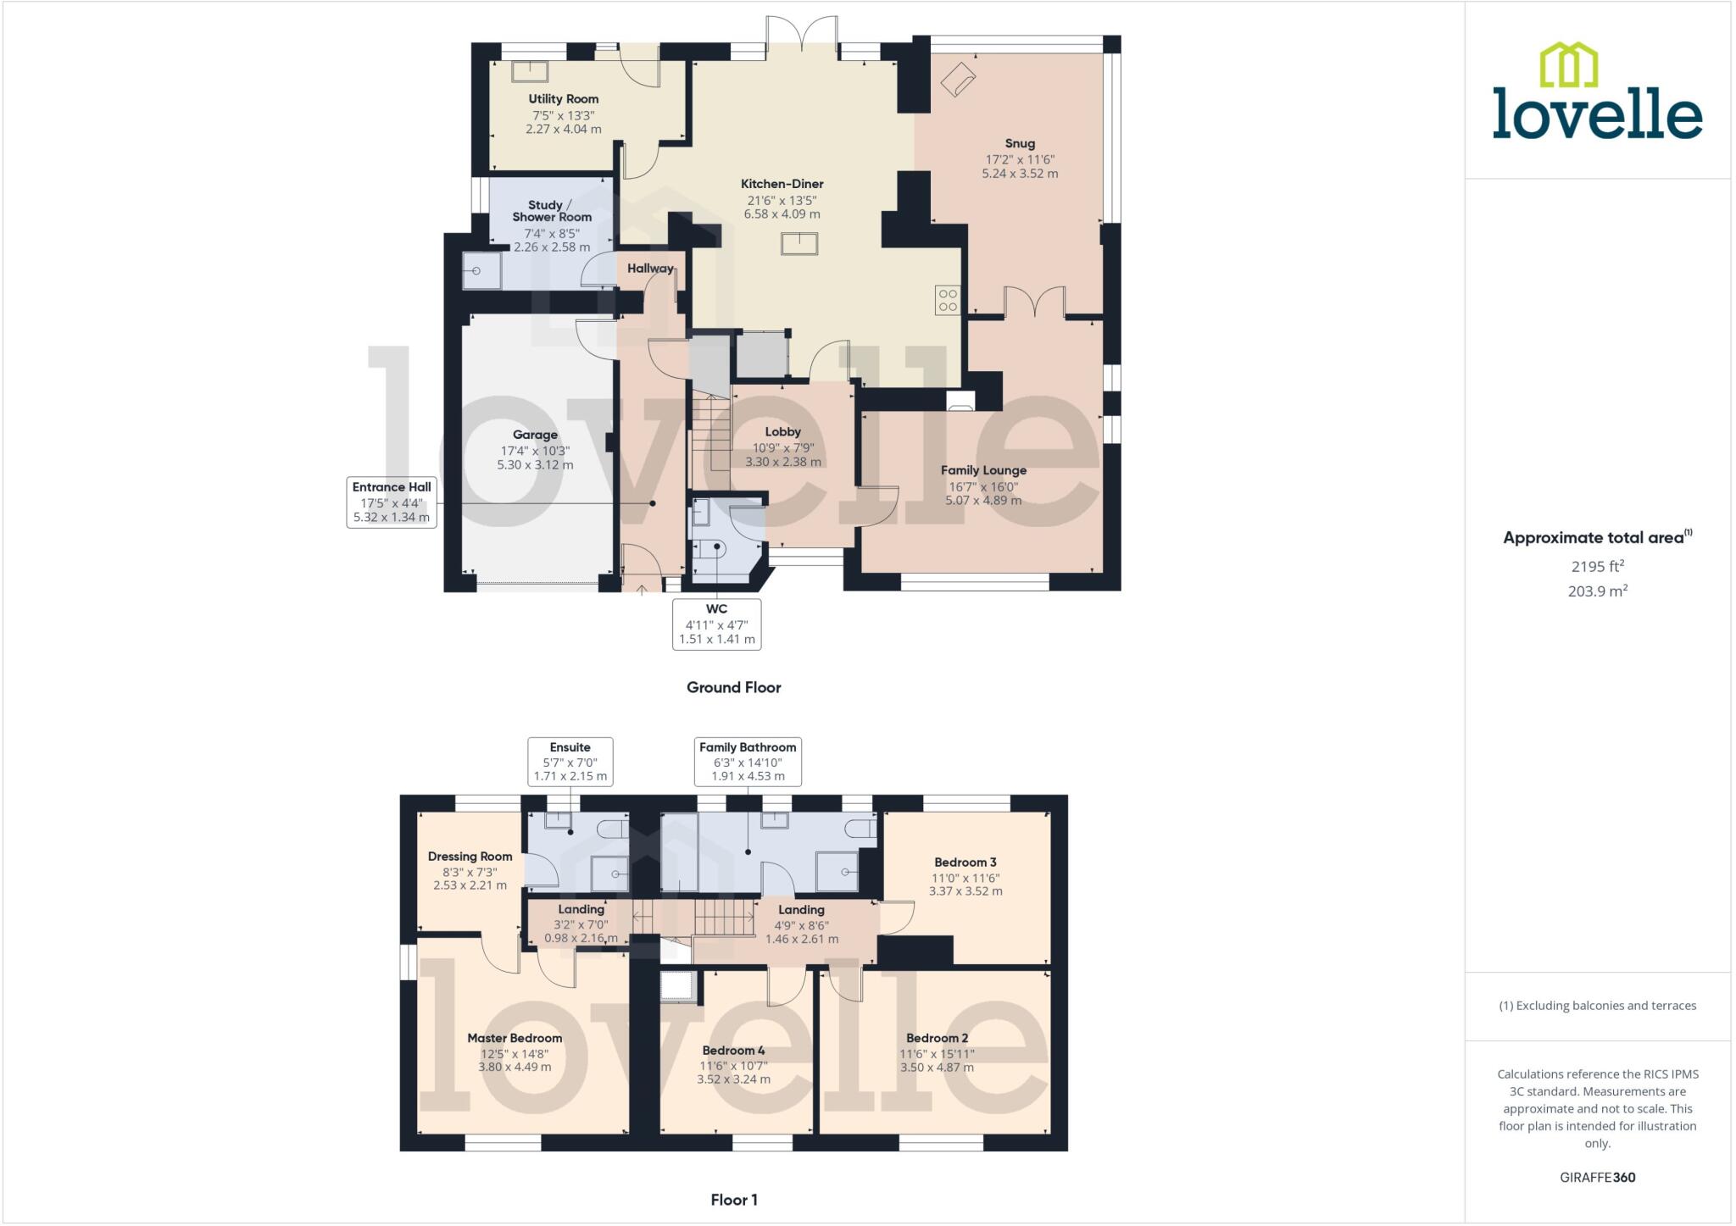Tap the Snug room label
[1020, 144]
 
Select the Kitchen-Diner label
[782, 184]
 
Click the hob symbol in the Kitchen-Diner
[947, 300]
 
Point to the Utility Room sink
[529, 71]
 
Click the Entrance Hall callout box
[392, 502]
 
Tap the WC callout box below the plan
[716, 624]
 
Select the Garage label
[535, 435]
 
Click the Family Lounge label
[983, 470]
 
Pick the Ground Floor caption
[733, 687]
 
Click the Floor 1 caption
[733, 1200]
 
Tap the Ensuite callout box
[570, 761]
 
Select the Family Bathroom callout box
[748, 761]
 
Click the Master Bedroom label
[515, 1038]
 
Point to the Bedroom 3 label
[965, 863]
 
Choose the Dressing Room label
[470, 857]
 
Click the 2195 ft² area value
[1597, 566]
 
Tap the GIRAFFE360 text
[1597, 1177]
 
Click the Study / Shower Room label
[551, 211]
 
